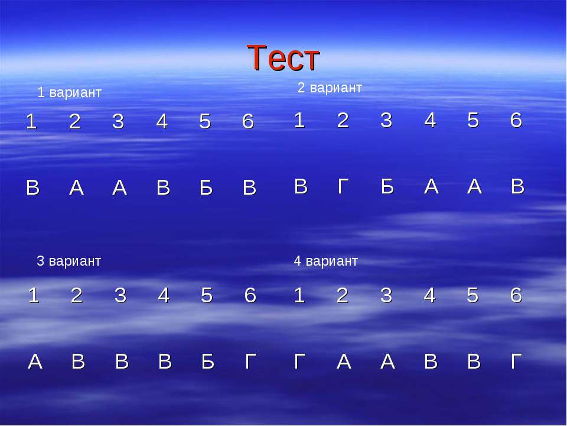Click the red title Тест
283,57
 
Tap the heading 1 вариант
70,92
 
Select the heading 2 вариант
330,88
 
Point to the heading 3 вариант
69,261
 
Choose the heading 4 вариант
325,261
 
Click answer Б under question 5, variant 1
206,188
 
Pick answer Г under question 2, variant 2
343,186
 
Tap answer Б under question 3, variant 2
387,186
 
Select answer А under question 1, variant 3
35,362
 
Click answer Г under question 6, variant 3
251,362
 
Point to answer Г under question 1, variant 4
299,362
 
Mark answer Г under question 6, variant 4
516,362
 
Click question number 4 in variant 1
162,121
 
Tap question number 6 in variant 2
516,120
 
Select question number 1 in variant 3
33,295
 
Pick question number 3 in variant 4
386,295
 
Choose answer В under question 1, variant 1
32,188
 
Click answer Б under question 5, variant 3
208,362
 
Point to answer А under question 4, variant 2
431,186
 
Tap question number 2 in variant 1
75,121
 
